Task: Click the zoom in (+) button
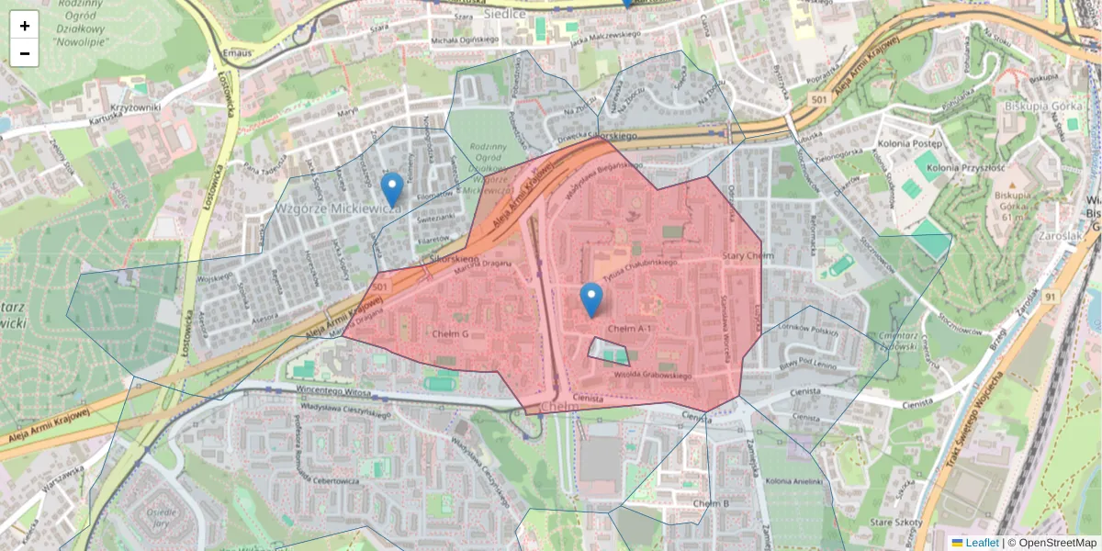[x=25, y=26]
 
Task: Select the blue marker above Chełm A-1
[x=591, y=299]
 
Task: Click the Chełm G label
[x=450, y=333]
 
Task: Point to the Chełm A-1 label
[x=629, y=329]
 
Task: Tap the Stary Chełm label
[x=748, y=255]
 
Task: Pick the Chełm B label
[x=711, y=504]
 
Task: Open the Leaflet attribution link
[x=982, y=543]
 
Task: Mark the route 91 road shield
[x=1050, y=297]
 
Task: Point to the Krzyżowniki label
[x=137, y=107]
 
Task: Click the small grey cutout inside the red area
[x=608, y=351]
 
